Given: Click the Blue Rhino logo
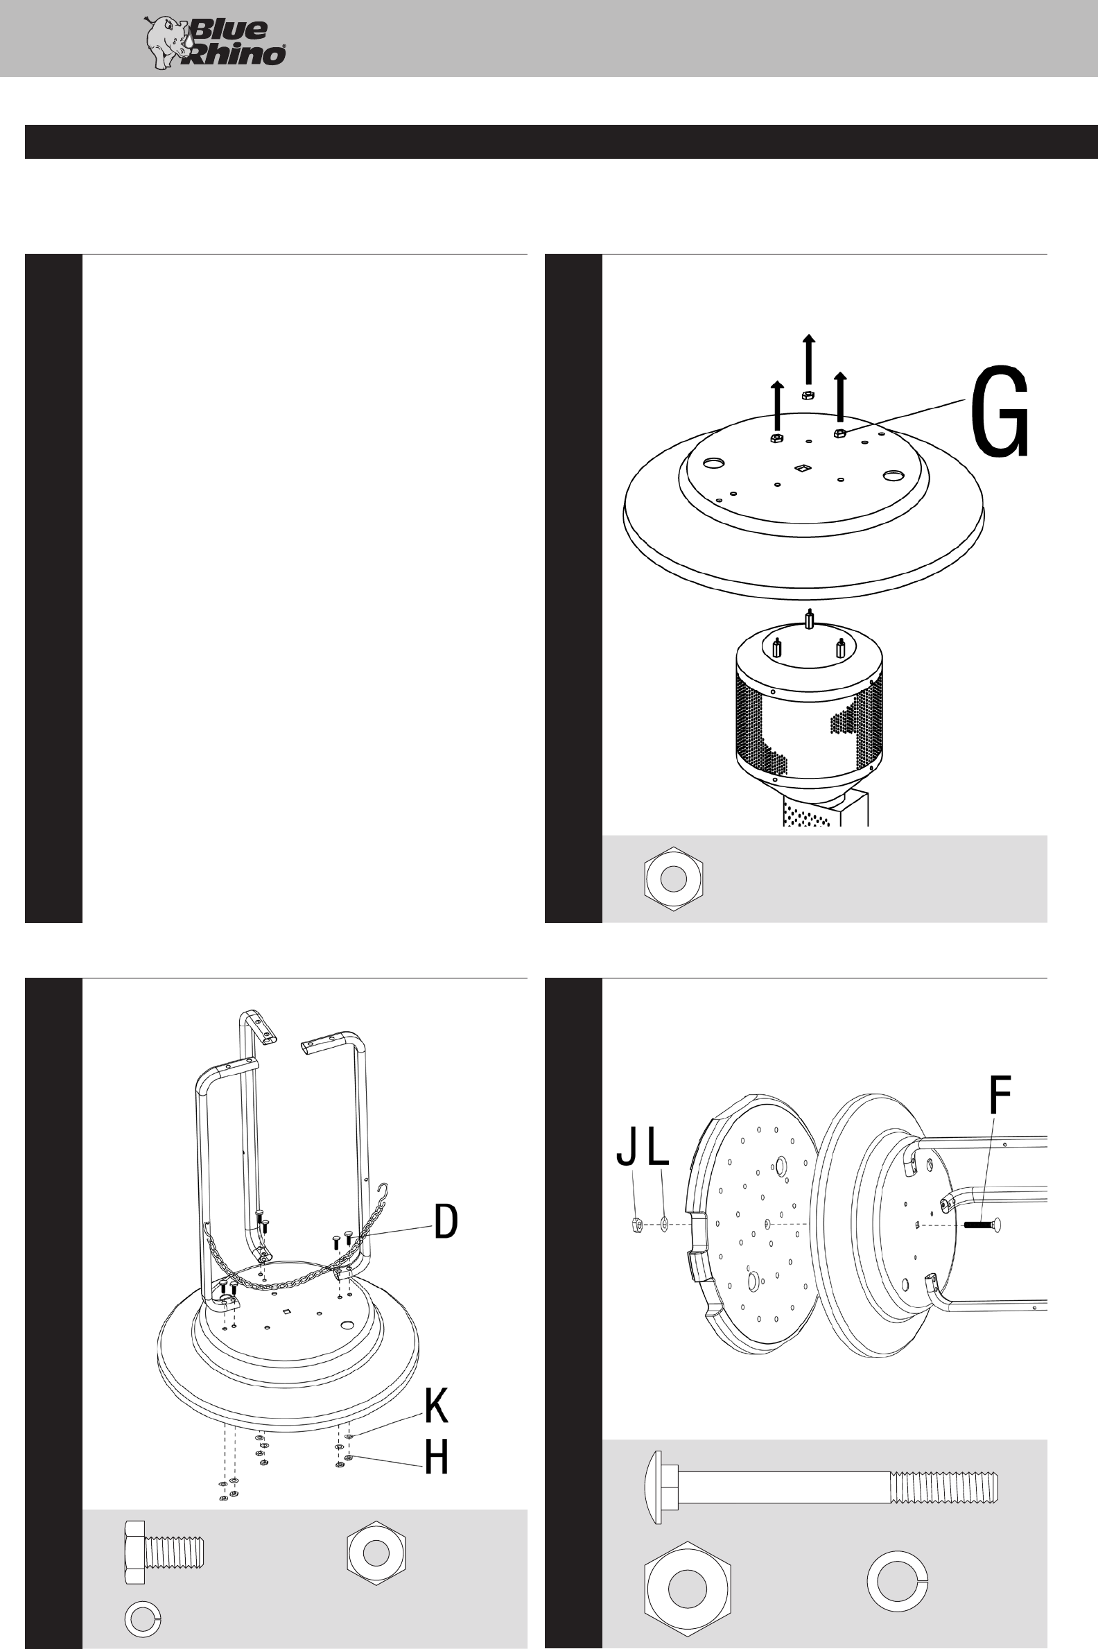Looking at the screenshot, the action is click(214, 43).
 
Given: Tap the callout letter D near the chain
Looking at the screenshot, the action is click(446, 1221).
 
